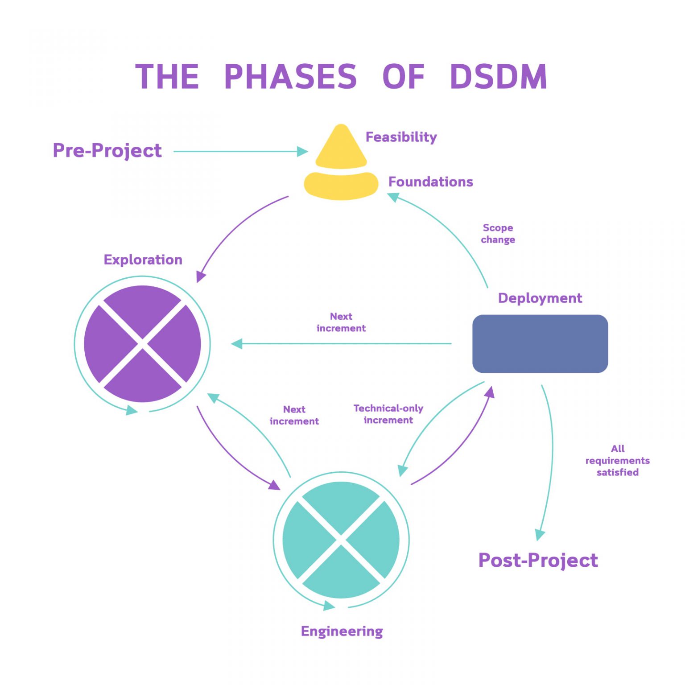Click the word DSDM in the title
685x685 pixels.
(x=498, y=77)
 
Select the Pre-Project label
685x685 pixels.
(x=107, y=151)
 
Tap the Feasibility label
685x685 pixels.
(x=401, y=137)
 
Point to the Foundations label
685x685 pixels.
(x=430, y=182)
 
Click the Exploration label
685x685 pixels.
(x=143, y=260)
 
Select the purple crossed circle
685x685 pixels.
(x=142, y=344)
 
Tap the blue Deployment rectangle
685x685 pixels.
(x=540, y=344)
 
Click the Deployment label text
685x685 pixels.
(x=540, y=298)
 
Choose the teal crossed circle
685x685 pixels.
(x=341, y=540)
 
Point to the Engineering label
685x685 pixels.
(x=342, y=631)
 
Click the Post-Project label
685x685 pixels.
(x=538, y=561)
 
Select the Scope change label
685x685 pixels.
(x=498, y=234)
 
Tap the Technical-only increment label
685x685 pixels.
(x=388, y=414)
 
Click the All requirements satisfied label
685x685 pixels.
(x=617, y=460)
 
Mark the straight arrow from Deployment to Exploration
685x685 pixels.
(x=341, y=344)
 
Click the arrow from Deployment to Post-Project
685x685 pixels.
(x=552, y=459)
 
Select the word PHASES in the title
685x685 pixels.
(x=290, y=77)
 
